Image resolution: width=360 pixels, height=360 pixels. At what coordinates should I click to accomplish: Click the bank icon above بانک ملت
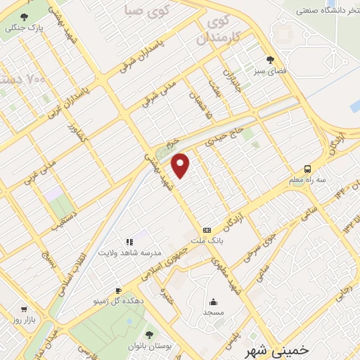(207, 229)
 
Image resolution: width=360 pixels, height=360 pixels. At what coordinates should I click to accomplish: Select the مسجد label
(213, 311)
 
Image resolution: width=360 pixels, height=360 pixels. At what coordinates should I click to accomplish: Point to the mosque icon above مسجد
(213, 301)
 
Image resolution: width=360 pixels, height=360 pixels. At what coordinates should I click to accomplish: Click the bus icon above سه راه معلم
(307, 168)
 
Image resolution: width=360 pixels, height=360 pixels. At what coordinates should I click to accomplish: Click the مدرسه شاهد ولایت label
(129, 252)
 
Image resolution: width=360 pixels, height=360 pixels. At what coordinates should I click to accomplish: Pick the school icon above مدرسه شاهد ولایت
(129, 242)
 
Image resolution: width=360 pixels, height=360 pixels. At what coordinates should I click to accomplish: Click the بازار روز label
(23, 319)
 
